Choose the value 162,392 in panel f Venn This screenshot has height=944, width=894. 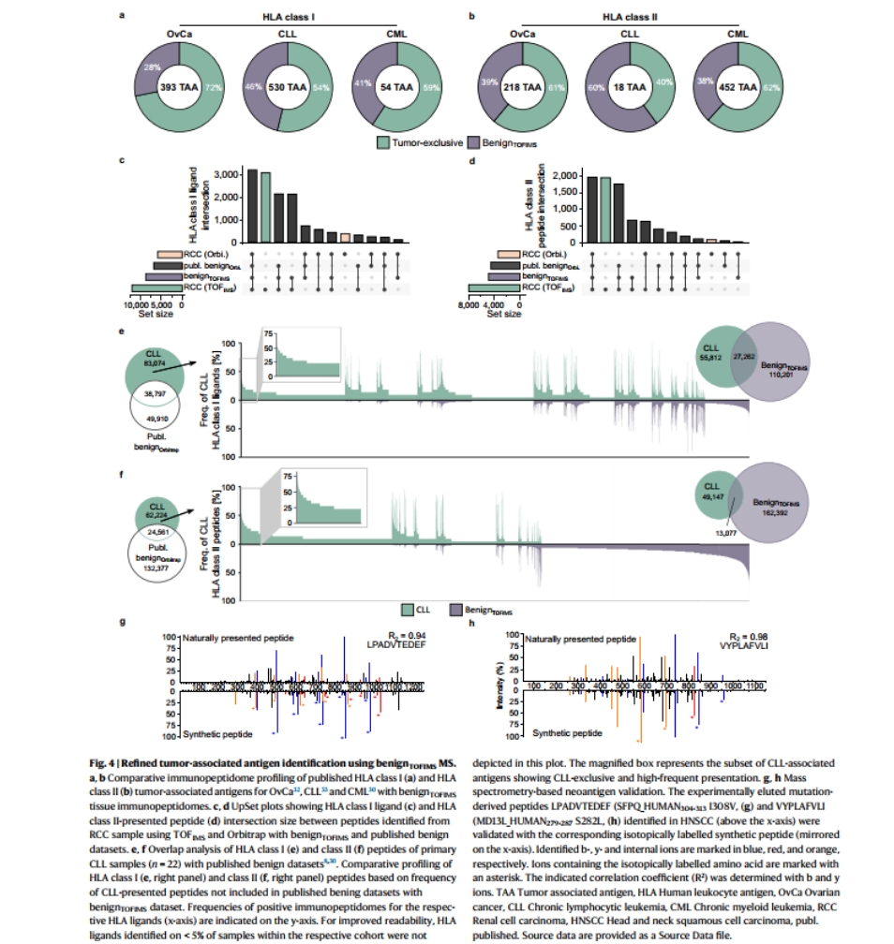(x=774, y=513)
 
